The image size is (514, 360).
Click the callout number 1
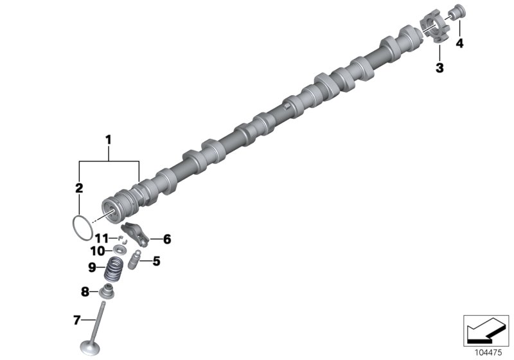pyautogui.click(x=109, y=139)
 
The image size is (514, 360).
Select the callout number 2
pyautogui.click(x=79, y=188)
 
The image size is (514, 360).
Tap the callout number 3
pyautogui.click(x=439, y=67)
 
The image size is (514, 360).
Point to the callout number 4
pyautogui.click(x=459, y=43)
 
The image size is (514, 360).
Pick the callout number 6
pyautogui.click(x=167, y=240)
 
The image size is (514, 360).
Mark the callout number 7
pyautogui.click(x=76, y=319)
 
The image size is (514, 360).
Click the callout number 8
pyautogui.click(x=85, y=292)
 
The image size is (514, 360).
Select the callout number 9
pyautogui.click(x=91, y=267)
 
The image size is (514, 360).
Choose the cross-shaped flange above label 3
pyautogui.click(x=436, y=32)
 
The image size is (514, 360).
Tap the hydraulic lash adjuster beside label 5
pyautogui.click(x=135, y=262)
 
